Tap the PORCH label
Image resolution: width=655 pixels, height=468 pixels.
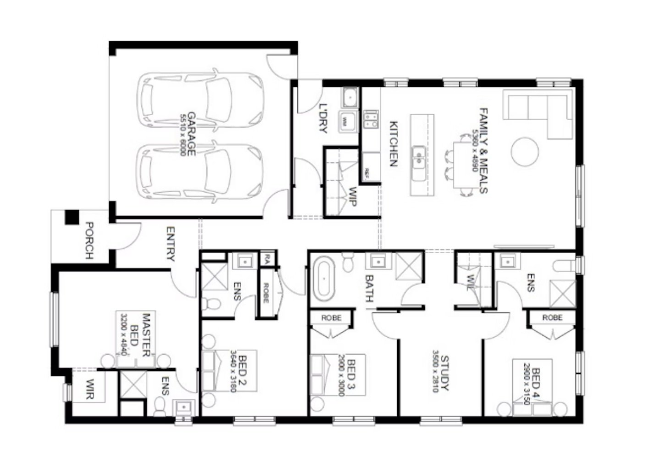(89, 240)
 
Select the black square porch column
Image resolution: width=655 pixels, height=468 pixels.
(72, 217)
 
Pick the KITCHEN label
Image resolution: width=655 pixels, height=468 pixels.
(394, 143)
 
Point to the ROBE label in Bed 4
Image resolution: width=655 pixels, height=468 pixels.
(552, 318)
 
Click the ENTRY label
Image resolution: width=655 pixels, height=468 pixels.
(171, 244)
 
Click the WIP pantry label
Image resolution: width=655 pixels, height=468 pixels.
(352, 196)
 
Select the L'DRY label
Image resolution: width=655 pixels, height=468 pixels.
(323, 118)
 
